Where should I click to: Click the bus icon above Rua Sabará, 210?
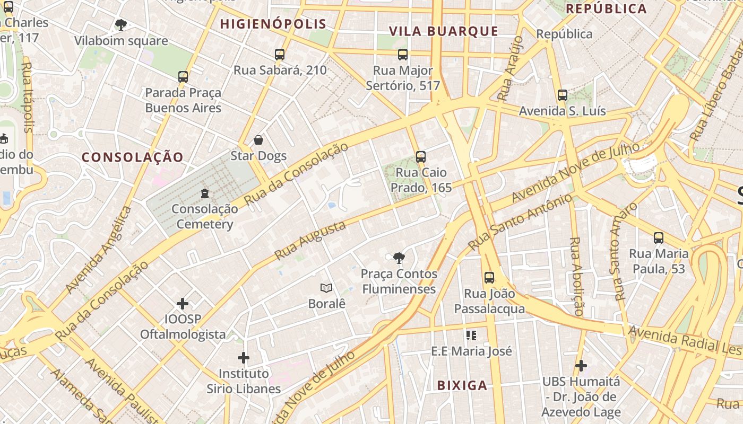pyautogui.click(x=280, y=54)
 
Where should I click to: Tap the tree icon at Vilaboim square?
pyautogui.click(x=121, y=24)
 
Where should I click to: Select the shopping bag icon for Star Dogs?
pyautogui.click(x=258, y=140)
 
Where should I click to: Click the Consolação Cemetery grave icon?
pyautogui.click(x=205, y=193)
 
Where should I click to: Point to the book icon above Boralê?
pyautogui.click(x=326, y=288)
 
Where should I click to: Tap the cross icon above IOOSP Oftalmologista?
pyautogui.click(x=183, y=304)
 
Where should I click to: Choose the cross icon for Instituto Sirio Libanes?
pyautogui.click(x=244, y=358)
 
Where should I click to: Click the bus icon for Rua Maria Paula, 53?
pyautogui.click(x=659, y=238)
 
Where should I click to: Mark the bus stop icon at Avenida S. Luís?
pyautogui.click(x=563, y=96)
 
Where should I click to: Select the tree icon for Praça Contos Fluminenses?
pyautogui.click(x=399, y=258)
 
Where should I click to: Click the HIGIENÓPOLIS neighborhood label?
pyautogui.click(x=273, y=24)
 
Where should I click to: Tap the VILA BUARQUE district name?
pyautogui.click(x=444, y=31)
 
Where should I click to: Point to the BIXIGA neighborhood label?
pyautogui.click(x=462, y=385)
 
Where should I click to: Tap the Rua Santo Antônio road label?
pyautogui.click(x=521, y=222)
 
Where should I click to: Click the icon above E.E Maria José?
pyautogui.click(x=471, y=335)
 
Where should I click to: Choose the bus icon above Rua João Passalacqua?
pyautogui.click(x=489, y=278)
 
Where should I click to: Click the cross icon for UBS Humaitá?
pyautogui.click(x=581, y=366)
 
